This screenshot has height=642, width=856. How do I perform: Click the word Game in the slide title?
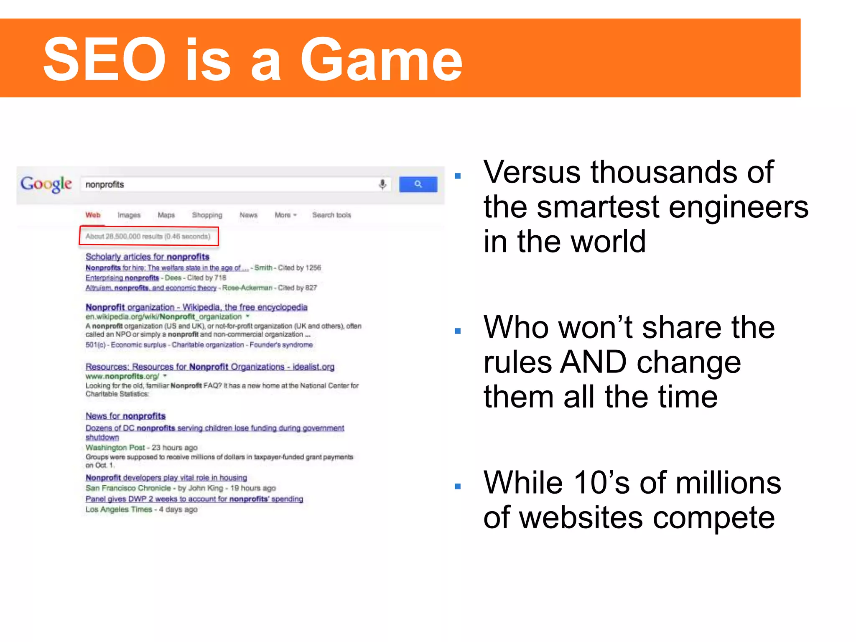381,59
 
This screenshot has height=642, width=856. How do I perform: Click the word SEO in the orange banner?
104,59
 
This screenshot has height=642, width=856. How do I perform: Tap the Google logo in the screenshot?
46,184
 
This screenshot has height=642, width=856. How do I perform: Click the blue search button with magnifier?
418,184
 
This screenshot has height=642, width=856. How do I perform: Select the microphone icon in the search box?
382,184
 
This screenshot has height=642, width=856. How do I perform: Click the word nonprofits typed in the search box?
104,184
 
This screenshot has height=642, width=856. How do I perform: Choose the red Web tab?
93,215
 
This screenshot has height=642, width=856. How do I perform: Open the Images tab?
129,215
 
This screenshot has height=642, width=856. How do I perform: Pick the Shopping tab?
207,215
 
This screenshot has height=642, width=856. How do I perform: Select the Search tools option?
331,215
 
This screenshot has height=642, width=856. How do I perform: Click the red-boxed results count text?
148,236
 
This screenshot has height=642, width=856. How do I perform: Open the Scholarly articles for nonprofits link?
147,257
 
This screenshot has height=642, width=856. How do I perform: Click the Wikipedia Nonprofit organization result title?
196,307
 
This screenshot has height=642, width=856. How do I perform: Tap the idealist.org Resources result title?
210,367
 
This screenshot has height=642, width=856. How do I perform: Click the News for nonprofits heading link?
125,416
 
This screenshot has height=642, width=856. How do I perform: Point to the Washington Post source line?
141,448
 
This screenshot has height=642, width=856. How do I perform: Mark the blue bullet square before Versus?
458,176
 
